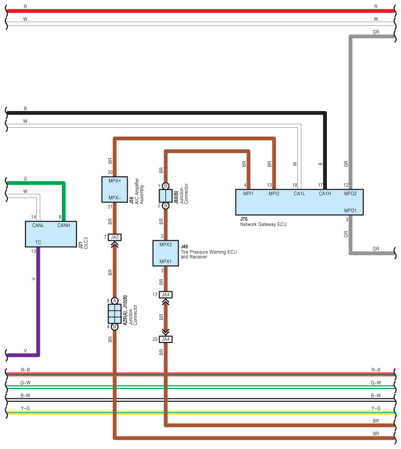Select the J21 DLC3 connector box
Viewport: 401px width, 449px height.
pos(51,234)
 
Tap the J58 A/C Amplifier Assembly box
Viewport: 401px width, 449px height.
pos(114,189)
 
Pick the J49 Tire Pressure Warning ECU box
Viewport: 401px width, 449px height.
pos(166,253)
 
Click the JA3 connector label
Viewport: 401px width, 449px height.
pos(115,237)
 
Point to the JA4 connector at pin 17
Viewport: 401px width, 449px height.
pos(166,295)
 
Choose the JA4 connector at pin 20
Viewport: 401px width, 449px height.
pos(166,339)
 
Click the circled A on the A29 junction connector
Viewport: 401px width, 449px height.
pos(114,300)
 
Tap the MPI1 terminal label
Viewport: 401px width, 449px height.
pos(249,194)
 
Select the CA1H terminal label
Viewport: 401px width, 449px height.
pos(325,194)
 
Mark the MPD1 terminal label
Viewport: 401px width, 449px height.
pos(350,211)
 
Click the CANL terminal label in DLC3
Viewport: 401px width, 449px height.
pos(38,225)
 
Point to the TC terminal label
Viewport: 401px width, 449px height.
pos(38,242)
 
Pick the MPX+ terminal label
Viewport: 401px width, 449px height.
pos(114,181)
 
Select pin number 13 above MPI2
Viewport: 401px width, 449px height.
pos(269,185)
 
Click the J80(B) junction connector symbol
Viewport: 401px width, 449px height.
pos(165,196)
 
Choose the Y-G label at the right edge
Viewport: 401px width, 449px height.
pos(376,408)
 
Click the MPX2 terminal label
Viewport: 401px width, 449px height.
pos(165,244)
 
